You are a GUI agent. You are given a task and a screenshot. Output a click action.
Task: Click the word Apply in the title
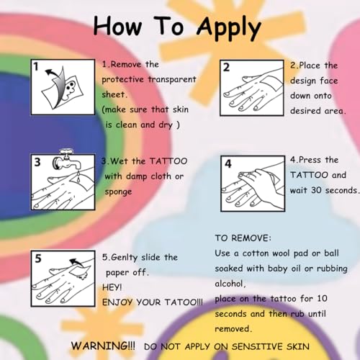point(229,28)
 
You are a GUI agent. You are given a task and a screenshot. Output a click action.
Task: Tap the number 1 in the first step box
point(36,66)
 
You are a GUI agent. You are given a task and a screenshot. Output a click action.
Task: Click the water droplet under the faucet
point(78,178)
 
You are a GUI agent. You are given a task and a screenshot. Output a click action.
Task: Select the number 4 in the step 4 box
point(228,164)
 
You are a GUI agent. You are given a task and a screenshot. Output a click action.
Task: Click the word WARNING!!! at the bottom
point(103,346)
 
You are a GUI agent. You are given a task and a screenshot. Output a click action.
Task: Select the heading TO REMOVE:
point(243,238)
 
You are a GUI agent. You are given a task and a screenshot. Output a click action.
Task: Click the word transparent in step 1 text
point(172,79)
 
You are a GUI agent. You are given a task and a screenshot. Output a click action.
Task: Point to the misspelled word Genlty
point(125,258)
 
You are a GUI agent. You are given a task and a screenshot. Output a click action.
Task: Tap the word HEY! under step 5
point(112,287)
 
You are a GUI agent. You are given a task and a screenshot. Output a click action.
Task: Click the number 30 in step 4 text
point(316,190)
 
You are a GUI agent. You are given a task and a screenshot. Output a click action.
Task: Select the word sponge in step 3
point(118,192)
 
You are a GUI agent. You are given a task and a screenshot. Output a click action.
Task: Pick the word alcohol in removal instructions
point(230,284)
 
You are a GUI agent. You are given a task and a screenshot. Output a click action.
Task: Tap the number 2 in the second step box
point(226,68)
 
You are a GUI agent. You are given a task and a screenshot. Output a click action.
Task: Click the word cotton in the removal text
point(256,253)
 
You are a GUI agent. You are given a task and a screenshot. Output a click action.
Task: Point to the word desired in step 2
point(305,111)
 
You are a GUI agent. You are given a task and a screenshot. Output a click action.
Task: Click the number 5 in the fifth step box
point(38,258)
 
